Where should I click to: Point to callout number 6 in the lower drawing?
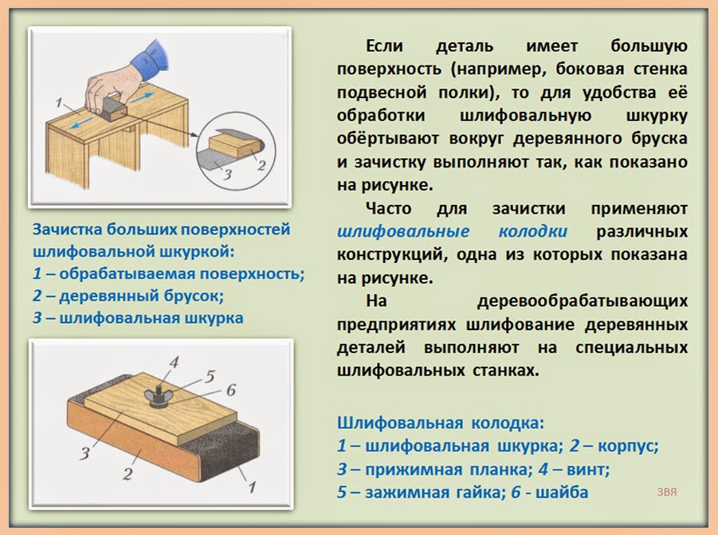[x=231, y=390]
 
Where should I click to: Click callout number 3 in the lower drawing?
[x=84, y=453]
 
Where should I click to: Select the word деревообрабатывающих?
[x=582, y=302]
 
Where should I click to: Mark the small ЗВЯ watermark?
[x=667, y=492]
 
